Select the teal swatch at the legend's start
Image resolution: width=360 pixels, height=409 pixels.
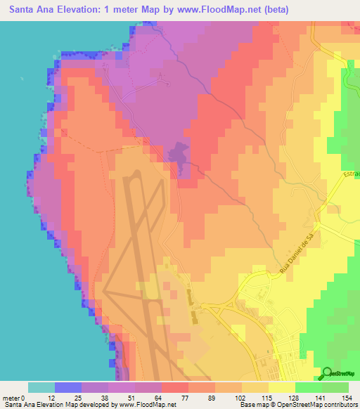click(x=41, y=387)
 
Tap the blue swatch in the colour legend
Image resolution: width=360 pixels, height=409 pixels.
click(x=67, y=387)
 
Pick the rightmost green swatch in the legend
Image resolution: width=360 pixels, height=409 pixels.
click(x=335, y=387)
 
